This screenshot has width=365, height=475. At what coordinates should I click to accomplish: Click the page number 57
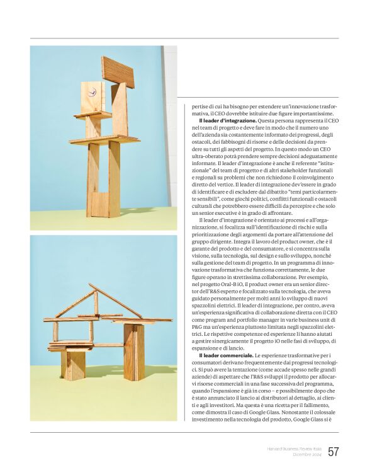click(334, 452)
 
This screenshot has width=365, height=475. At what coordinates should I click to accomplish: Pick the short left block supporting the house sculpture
click(74, 365)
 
